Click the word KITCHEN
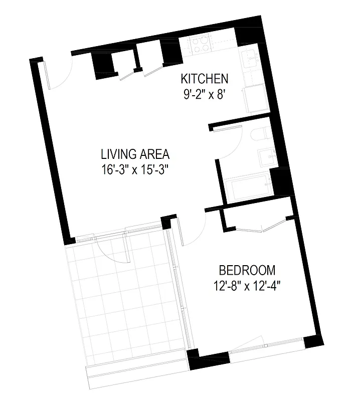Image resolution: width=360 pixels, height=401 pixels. pos(204,79)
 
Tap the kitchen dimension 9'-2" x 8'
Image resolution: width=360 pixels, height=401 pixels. pos(206,94)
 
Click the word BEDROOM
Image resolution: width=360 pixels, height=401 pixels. pos(248,271)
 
